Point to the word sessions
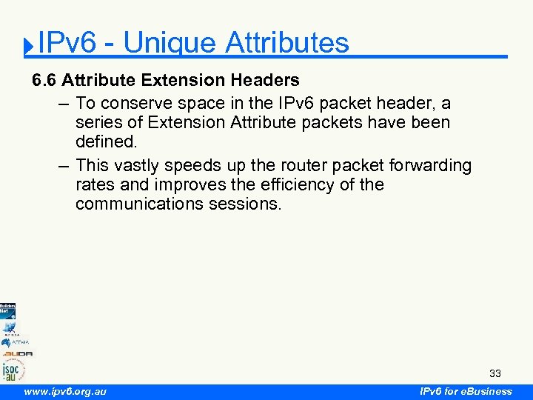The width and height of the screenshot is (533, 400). coord(254,204)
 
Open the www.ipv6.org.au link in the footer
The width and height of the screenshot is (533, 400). coord(64,391)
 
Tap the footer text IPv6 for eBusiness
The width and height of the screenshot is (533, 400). coord(466,391)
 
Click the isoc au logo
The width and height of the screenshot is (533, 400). coord(13,369)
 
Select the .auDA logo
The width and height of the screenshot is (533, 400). coord(16,353)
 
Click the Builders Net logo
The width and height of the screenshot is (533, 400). coord(7,309)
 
